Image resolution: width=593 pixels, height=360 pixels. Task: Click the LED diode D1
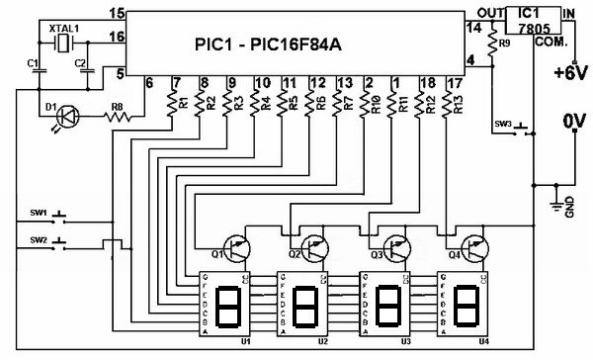[64, 116]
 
